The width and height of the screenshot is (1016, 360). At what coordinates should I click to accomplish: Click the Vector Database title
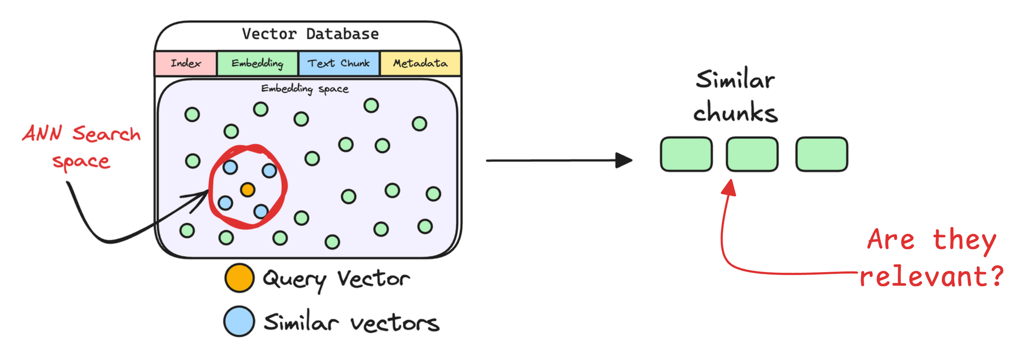[x=310, y=34]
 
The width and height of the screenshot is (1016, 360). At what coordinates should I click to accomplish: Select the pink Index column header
[x=185, y=63]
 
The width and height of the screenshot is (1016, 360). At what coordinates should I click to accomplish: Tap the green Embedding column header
[x=257, y=63]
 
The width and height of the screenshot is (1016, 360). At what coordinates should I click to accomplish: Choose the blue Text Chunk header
[x=338, y=63]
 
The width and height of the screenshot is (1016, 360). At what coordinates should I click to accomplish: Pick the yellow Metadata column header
[x=420, y=63]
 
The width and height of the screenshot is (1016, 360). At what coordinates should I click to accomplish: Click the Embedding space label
[x=305, y=89]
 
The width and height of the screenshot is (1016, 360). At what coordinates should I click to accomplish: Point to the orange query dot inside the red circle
[x=247, y=190]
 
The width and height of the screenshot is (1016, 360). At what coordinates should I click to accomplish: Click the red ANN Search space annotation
[x=81, y=146]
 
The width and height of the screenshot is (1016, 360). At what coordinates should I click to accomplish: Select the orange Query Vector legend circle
[x=239, y=278]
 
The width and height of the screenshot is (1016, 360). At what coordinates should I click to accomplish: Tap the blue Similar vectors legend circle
[x=239, y=321]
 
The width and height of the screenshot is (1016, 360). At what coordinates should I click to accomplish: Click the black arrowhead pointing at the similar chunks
[x=624, y=160]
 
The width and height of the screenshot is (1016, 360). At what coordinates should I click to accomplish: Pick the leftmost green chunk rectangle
[x=686, y=154]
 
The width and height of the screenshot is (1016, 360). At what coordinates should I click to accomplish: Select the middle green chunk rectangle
[x=752, y=154]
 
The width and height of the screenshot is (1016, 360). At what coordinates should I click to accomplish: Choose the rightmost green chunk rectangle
[x=821, y=154]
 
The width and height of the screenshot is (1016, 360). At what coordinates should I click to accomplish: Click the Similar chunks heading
[x=735, y=96]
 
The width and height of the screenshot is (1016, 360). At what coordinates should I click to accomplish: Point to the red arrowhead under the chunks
[x=729, y=187]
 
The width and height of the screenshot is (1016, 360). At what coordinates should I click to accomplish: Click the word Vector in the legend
[x=373, y=279]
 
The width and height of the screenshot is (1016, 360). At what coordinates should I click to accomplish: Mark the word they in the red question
[x=965, y=240]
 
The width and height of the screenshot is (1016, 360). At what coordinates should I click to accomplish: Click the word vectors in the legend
[x=395, y=323]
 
